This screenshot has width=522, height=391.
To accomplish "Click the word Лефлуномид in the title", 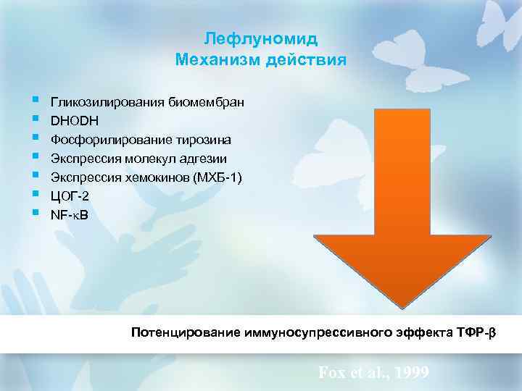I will tap(261, 38).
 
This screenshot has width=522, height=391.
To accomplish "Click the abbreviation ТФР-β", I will tap(482, 333).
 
